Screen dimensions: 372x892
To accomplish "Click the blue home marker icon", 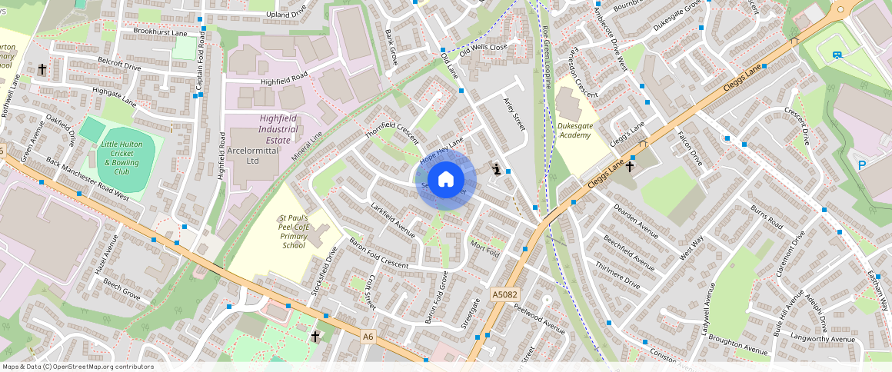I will [446, 181].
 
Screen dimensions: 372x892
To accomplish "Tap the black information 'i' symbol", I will [498, 170].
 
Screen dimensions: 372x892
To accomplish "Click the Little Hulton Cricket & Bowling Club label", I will [121, 158].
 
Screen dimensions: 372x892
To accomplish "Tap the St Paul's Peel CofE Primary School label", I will [294, 231].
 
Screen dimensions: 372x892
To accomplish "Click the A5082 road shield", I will [504, 294].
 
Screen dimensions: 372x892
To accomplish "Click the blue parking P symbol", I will [861, 164].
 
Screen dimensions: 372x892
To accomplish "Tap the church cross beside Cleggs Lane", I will [629, 166].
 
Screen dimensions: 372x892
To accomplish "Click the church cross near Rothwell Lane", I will [42, 70].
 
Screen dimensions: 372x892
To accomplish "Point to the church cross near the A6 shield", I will [315, 336].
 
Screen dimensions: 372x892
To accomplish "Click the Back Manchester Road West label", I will [88, 179].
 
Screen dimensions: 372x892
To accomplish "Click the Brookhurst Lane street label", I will [160, 33].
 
